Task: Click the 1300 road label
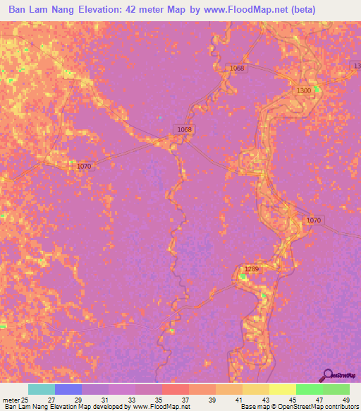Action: (304, 91)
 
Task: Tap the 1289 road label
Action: (252, 269)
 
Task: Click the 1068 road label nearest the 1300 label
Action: (236, 68)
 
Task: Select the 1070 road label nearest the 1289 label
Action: (314, 221)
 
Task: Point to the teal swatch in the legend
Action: (42, 389)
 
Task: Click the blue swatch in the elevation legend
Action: (68, 389)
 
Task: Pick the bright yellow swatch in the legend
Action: (282, 389)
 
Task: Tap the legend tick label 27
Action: (51, 400)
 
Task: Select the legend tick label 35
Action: (159, 400)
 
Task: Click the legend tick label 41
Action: (238, 400)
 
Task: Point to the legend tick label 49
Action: (345, 400)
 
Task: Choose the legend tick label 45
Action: (292, 400)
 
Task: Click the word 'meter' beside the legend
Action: (10, 400)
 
